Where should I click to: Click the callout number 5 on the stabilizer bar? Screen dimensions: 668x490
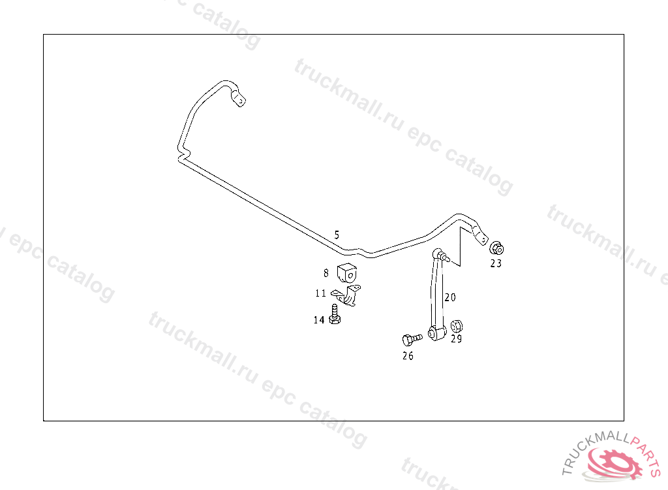point(337,235)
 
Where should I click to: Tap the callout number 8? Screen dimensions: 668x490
point(326,273)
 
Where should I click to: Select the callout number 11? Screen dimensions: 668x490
point(320,293)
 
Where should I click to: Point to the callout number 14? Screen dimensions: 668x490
point(319,319)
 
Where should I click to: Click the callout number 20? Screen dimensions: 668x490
point(450,297)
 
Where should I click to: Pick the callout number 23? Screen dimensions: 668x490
point(496,263)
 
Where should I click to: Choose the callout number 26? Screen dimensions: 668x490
point(408,356)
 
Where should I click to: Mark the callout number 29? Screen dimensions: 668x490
point(456,339)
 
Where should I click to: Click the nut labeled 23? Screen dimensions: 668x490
point(496,248)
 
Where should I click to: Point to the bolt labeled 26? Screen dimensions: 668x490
point(411,339)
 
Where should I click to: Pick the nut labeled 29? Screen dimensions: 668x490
point(457,325)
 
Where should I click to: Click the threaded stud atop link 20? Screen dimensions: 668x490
point(446,257)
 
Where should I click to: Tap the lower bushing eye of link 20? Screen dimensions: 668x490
point(435,334)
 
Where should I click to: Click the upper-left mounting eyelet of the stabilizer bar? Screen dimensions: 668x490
point(239,101)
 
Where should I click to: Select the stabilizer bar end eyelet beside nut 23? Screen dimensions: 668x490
point(481,238)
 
